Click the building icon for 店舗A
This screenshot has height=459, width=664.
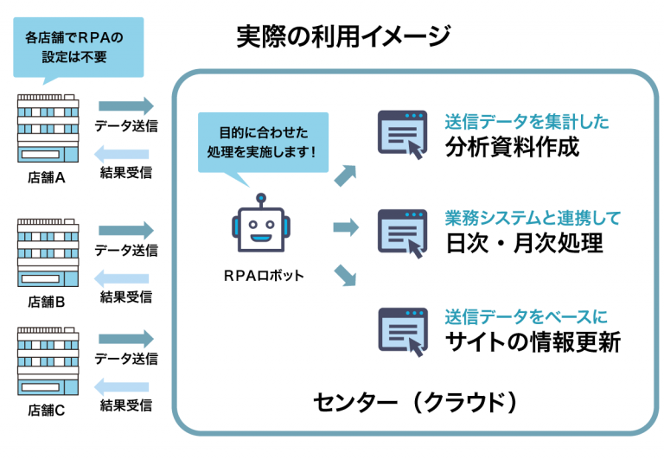click(x=48, y=128)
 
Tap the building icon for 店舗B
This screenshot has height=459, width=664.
click(x=48, y=252)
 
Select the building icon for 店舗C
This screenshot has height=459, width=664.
click(x=48, y=361)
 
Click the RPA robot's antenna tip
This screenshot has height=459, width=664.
click(x=261, y=198)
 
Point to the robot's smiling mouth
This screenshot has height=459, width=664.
click(x=260, y=238)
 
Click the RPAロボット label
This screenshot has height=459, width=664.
click(x=264, y=276)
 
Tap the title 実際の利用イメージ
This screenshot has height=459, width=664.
click(x=343, y=36)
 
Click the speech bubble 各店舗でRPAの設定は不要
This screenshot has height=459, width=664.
click(x=79, y=48)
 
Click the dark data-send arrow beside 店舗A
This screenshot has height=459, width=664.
click(x=126, y=105)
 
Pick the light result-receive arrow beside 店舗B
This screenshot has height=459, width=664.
click(x=122, y=278)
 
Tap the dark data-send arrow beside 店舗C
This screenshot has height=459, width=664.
click(x=126, y=339)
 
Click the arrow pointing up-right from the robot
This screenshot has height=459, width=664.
click(x=346, y=175)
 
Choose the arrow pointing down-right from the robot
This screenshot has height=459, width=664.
click(x=345, y=275)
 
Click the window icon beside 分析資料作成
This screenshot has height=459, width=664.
click(x=402, y=135)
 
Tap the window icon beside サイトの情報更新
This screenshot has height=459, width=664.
click(x=403, y=333)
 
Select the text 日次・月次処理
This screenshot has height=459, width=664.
click(x=524, y=244)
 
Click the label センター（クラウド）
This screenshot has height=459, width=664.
click(x=415, y=402)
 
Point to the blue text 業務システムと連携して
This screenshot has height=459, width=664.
click(x=533, y=218)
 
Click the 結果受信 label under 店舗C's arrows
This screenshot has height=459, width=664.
click(x=126, y=405)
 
